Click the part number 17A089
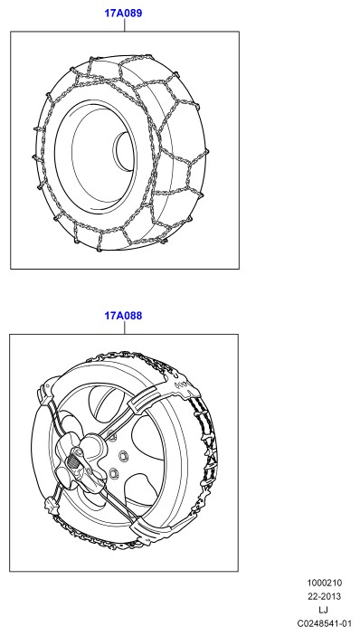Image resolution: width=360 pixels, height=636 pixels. tap(123, 14)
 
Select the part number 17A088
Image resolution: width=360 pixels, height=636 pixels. tap(123, 316)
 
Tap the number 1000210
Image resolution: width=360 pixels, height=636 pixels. tap(325, 583)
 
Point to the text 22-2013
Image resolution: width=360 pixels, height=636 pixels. tap(325, 596)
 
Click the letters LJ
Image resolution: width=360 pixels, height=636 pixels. tap(324, 610)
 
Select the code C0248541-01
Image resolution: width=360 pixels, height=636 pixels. tap(324, 623)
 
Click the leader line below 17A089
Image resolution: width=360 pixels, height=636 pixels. tap(125, 25)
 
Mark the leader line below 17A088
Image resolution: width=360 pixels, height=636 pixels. tap(125, 327)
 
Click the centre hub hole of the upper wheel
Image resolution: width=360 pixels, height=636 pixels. tap(124, 151)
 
